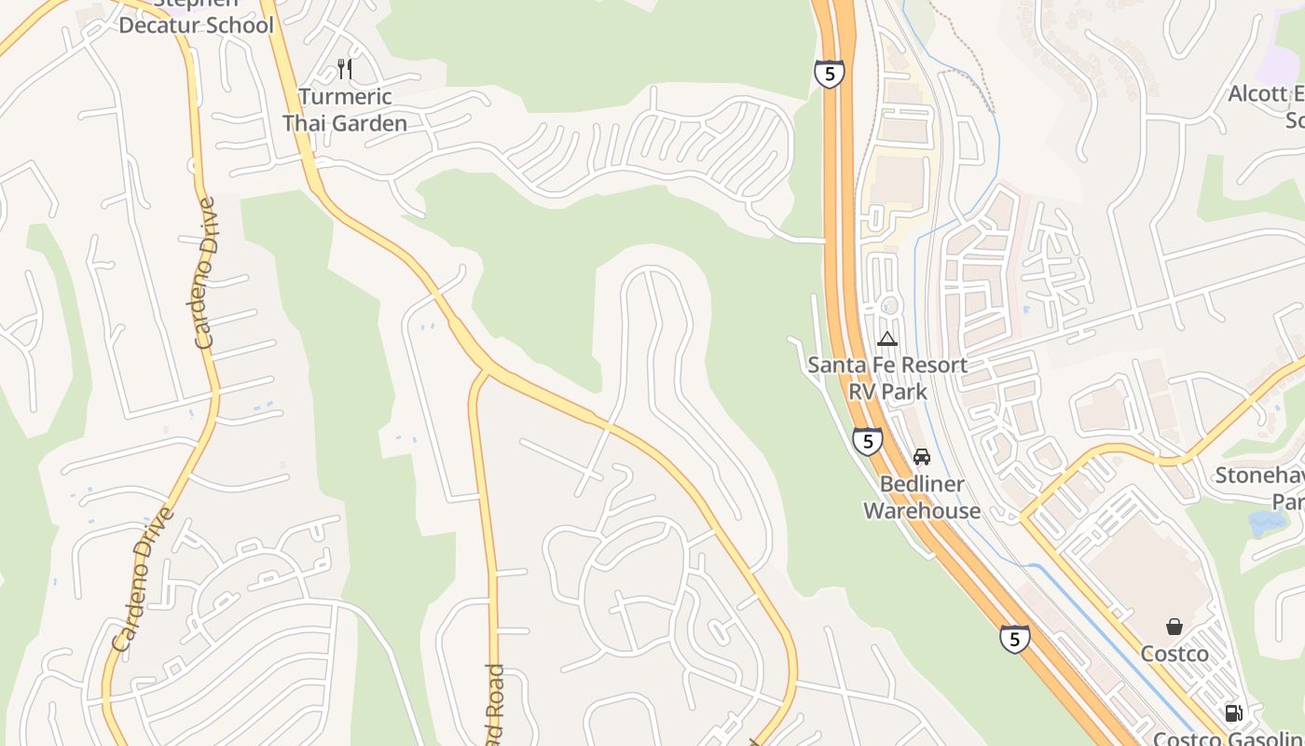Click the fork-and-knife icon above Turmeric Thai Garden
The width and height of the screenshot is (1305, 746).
pyautogui.click(x=345, y=68)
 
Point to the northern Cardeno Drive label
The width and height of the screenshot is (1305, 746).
pyautogui.click(x=206, y=272)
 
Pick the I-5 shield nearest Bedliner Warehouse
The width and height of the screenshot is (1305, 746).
pyautogui.click(x=867, y=440)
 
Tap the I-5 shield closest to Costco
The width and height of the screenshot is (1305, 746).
pyautogui.click(x=1015, y=639)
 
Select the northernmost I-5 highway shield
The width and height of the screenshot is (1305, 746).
pyautogui.click(x=829, y=74)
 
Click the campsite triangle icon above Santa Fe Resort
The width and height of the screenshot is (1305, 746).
pyautogui.click(x=887, y=338)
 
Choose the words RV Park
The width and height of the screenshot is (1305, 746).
pyautogui.click(x=887, y=391)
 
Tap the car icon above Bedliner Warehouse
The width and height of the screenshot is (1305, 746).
pyautogui.click(x=922, y=457)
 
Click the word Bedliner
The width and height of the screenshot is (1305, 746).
pyautogui.click(x=922, y=484)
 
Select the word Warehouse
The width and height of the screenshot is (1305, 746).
pyautogui.click(x=922, y=510)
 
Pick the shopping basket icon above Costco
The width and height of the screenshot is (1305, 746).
pyautogui.click(x=1174, y=627)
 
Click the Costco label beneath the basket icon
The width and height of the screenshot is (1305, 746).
pyautogui.click(x=1174, y=654)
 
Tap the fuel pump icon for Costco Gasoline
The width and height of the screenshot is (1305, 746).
pyautogui.click(x=1233, y=713)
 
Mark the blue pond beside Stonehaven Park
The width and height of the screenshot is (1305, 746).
pyautogui.click(x=1268, y=522)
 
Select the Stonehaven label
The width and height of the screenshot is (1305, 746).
pyautogui.click(x=1260, y=476)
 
